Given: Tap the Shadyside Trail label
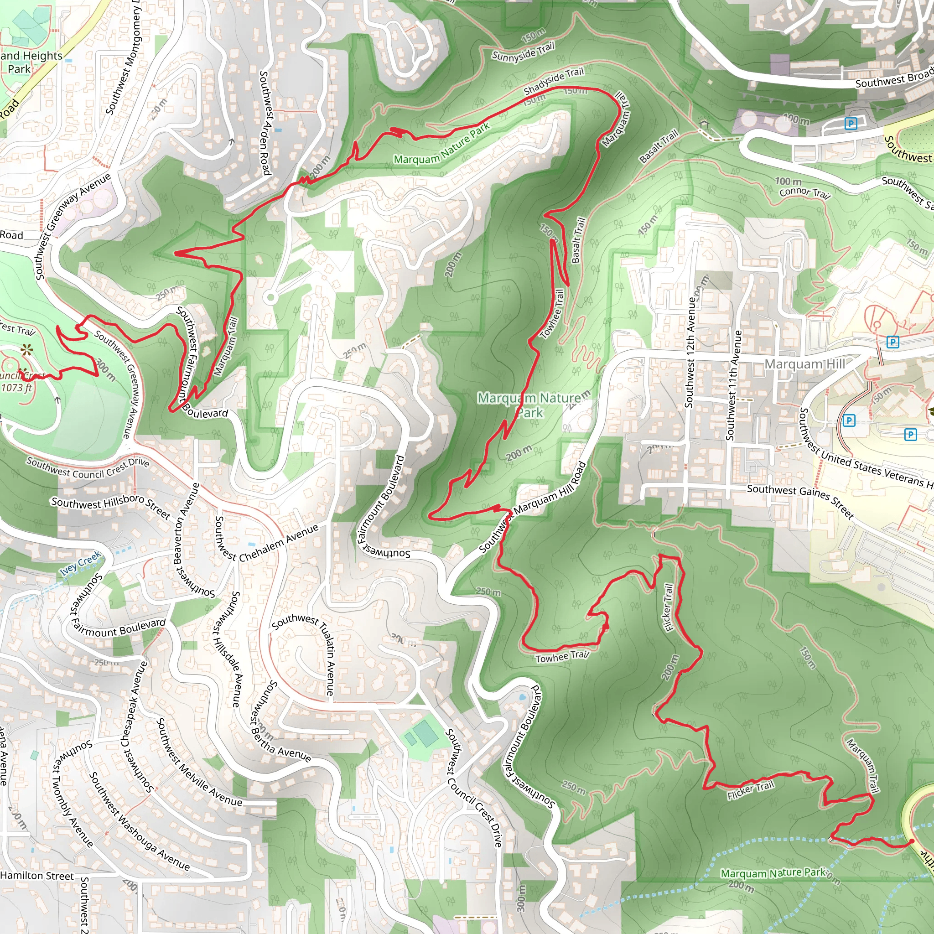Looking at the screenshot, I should [554, 81].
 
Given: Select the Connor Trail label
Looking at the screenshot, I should [804, 193].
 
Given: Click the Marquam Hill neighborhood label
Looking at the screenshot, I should [805, 364].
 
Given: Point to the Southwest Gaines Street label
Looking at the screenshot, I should [800, 501].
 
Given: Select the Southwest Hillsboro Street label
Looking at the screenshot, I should [111, 508].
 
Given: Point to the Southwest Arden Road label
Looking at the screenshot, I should [265, 123].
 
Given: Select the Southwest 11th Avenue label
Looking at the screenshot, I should [733, 385].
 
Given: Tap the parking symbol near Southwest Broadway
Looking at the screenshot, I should [851, 124].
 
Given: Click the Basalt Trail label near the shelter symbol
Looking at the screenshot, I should [659, 146].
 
